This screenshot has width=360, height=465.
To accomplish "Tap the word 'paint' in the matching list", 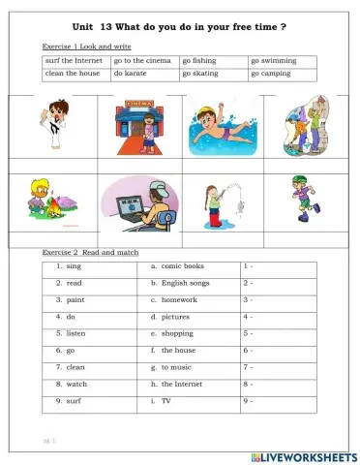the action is pyautogui.click(x=75, y=299).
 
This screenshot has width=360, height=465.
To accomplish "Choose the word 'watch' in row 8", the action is pyautogui.click(x=76, y=384).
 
